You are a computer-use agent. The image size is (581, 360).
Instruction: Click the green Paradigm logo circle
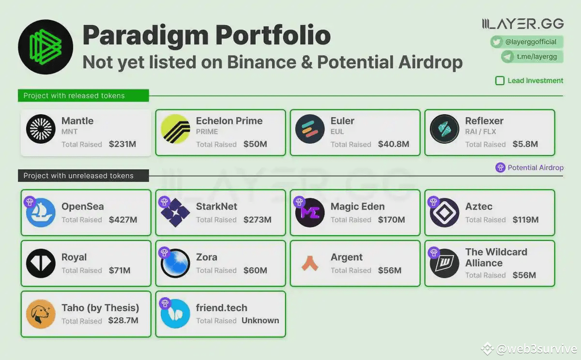click(46, 47)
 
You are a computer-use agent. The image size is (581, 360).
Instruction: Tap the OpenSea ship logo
click(41, 212)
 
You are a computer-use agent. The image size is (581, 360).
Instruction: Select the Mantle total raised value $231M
click(123, 144)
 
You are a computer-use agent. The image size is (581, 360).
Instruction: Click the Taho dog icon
click(41, 314)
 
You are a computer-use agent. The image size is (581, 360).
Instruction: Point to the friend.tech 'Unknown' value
click(260, 320)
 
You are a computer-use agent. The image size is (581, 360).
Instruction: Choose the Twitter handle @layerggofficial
click(531, 42)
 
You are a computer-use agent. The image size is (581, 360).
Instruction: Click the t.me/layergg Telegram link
click(536, 57)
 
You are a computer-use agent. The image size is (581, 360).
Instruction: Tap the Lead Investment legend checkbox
click(500, 81)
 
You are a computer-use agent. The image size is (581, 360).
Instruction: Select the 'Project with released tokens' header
click(74, 96)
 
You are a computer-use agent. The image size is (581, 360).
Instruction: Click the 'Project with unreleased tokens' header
click(78, 176)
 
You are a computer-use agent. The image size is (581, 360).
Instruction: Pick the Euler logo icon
click(310, 129)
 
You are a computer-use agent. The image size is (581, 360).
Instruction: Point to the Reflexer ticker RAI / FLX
click(481, 132)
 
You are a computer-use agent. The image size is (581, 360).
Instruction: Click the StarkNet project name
click(216, 207)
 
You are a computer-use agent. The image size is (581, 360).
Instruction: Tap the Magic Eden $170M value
click(391, 220)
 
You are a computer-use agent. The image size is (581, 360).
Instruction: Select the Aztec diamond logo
click(444, 212)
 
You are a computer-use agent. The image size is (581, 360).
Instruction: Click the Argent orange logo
click(310, 263)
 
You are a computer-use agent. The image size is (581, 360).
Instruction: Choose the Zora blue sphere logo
click(175, 263)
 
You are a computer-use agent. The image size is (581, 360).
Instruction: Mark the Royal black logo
click(41, 263)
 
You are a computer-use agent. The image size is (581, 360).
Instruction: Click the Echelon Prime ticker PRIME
click(207, 132)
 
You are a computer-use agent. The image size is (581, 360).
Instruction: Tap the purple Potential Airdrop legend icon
click(501, 168)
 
